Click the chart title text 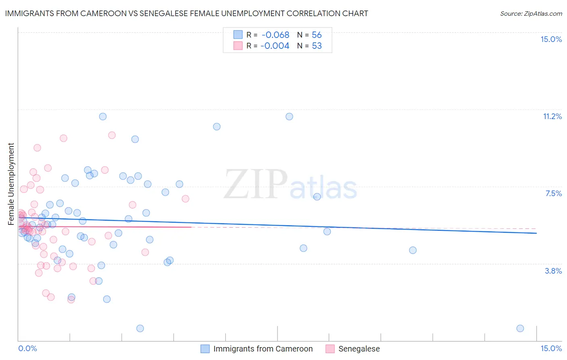(186, 13)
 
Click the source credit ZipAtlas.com (531, 14)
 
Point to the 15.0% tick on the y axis (551, 39)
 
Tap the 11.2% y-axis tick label (552, 116)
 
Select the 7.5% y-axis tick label (553, 193)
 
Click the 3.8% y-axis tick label (553, 271)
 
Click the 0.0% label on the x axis (27, 348)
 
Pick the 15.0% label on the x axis (551, 348)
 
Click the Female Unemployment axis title (11, 184)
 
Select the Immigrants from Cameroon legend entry (263, 349)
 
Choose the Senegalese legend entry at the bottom (359, 349)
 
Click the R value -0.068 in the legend (275, 35)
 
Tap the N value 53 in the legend (317, 46)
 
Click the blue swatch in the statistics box (238, 35)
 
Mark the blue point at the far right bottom (520, 329)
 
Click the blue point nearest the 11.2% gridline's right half (289, 117)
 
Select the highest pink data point (112, 135)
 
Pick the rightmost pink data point (186, 199)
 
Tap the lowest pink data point (71, 299)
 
